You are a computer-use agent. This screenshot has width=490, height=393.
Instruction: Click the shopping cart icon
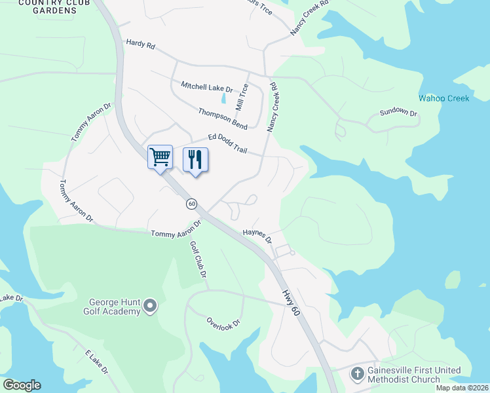point(160,157)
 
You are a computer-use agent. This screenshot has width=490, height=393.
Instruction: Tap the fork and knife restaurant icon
point(195,160)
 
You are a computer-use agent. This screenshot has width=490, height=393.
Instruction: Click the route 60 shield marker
point(191,204)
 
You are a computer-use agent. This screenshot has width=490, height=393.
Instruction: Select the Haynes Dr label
point(257,235)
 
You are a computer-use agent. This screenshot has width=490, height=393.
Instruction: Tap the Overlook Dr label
point(224,322)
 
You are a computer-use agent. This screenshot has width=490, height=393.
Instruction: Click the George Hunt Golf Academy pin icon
point(150,305)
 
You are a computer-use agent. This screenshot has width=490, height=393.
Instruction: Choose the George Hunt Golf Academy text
point(115,307)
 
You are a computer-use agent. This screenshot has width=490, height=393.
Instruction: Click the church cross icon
point(357,375)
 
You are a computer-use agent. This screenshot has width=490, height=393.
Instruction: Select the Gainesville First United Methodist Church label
point(414,375)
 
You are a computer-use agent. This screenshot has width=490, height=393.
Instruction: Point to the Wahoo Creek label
point(444,98)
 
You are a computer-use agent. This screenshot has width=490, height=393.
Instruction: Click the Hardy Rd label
point(141,45)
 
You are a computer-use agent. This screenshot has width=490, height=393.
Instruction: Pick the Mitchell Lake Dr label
point(207,87)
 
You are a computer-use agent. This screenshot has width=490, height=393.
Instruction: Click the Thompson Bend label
point(223,117)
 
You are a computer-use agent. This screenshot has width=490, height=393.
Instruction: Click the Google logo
point(22,385)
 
